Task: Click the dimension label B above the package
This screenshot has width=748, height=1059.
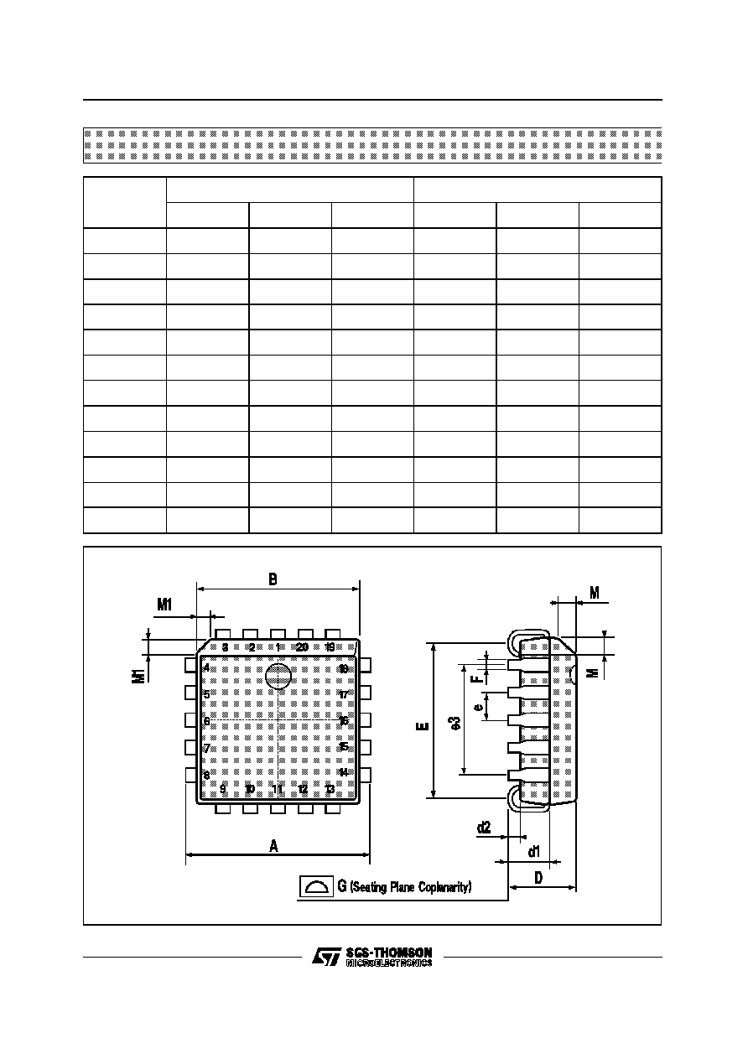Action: (x=273, y=579)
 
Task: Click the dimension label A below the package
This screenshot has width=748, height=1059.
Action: (x=273, y=846)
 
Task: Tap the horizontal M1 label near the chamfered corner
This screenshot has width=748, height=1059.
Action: (x=164, y=604)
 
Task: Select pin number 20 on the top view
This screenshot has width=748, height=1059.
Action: (x=303, y=647)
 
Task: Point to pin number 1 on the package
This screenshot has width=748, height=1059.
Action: (x=278, y=647)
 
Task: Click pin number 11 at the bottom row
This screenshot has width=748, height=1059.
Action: (x=278, y=789)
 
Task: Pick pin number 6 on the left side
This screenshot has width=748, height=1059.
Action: (x=206, y=721)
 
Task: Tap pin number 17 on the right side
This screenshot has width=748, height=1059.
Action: (x=343, y=695)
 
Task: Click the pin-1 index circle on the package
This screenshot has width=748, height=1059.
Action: (x=278, y=677)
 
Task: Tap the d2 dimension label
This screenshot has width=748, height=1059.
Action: (x=484, y=828)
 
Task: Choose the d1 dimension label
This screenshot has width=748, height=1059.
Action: (x=533, y=852)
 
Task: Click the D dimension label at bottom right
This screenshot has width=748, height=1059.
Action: (x=538, y=877)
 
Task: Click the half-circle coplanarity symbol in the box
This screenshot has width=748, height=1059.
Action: (x=316, y=886)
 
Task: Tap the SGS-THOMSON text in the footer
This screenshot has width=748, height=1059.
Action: (x=388, y=953)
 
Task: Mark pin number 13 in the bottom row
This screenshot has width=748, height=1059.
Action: (x=330, y=789)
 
